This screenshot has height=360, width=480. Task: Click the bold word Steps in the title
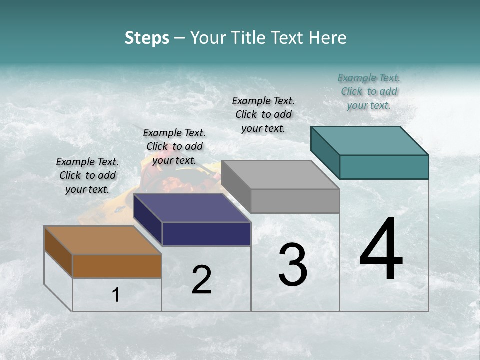pos(147,38)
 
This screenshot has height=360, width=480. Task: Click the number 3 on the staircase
pos(293,265)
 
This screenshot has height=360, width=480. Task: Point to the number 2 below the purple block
pos(201,280)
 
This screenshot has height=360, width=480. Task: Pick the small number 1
pos(116,295)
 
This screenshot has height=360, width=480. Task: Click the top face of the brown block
pos(102,240)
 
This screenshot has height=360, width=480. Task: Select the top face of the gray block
pos(280,175)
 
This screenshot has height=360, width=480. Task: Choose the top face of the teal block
pos(369,141)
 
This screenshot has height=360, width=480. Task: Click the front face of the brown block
pos(117,266)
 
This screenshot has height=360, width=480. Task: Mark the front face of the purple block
pos(206,234)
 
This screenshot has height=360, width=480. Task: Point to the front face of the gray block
pos(295,201)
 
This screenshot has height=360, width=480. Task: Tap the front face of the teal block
pos(384,167)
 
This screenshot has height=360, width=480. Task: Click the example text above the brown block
pos(87,175)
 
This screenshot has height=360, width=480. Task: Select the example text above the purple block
pos(174,146)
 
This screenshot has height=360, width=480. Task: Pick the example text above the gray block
pos(263,114)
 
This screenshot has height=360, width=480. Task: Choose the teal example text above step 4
pos(369,91)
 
